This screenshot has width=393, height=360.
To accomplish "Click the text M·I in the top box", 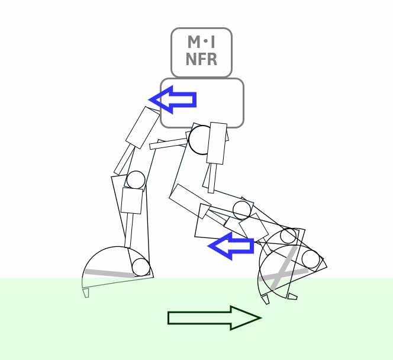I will click(x=201, y=43).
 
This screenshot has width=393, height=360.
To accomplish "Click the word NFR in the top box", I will click(x=201, y=60).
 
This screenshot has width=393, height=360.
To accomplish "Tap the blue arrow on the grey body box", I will click(x=173, y=99).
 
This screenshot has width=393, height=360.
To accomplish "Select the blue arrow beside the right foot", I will click(x=231, y=245).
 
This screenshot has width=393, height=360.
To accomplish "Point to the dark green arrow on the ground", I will click(x=214, y=318).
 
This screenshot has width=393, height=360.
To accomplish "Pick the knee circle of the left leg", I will click(x=136, y=180).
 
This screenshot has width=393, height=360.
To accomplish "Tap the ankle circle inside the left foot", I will click(x=141, y=267).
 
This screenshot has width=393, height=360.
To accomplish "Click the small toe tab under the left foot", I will click(x=86, y=292).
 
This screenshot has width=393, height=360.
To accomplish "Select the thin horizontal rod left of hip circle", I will click(x=168, y=143).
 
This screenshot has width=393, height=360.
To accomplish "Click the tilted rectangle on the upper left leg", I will click(x=143, y=128).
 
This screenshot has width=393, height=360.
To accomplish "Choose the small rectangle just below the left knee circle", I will click(x=132, y=201).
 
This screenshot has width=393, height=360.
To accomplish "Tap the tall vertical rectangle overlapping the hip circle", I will click(x=217, y=143).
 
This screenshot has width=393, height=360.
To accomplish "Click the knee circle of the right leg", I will click(x=241, y=210).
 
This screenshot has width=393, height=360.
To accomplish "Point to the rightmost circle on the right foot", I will click(x=311, y=259).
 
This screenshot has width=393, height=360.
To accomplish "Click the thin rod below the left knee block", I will click(x=128, y=231).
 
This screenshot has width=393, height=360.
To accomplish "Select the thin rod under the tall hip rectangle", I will click(x=211, y=178).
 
